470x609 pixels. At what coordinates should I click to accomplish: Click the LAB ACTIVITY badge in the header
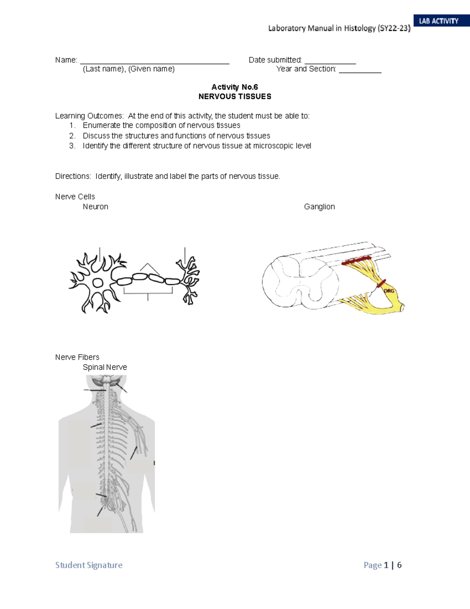(439, 21)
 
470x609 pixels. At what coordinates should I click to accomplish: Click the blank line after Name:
(154, 62)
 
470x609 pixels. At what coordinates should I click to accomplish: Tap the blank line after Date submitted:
(330, 62)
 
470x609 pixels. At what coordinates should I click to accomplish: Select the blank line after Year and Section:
(360, 71)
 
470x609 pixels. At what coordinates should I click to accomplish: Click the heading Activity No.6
(235, 87)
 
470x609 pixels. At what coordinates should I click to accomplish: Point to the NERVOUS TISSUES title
(235, 96)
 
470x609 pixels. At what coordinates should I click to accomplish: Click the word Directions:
(73, 176)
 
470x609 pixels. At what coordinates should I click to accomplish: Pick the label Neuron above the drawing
(95, 207)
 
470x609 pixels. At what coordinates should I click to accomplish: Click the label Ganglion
(319, 207)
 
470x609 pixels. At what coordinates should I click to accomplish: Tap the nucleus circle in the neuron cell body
(97, 283)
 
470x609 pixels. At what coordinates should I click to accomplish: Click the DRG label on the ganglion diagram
(389, 291)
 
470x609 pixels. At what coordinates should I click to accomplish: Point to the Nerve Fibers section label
(77, 357)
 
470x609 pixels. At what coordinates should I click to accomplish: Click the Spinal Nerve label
(105, 367)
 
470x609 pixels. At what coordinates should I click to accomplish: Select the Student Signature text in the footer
(89, 565)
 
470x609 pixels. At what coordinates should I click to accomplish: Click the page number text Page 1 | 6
(382, 565)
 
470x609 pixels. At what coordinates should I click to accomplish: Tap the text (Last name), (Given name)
(128, 69)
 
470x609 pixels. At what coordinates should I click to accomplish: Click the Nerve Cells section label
(75, 197)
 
